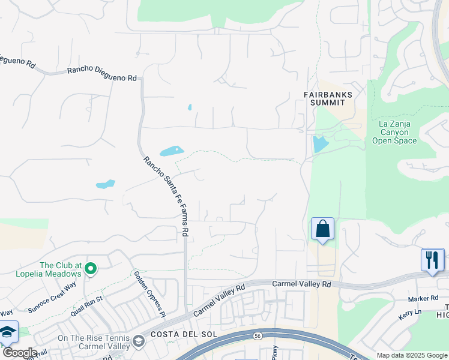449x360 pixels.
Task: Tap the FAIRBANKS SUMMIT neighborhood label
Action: point(327,98)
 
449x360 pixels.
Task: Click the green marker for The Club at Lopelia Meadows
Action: point(91,268)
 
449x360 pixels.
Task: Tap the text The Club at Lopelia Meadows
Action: point(60,269)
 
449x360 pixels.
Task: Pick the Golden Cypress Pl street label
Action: point(149,293)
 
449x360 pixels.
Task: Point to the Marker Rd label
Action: point(423,298)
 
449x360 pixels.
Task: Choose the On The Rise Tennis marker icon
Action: point(139,341)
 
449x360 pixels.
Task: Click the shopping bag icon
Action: point(322,229)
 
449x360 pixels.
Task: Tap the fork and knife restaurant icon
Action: point(432,260)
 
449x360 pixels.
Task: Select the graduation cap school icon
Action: point(7,332)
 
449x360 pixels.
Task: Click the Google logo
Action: point(20,353)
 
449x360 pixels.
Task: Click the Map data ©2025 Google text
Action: point(412,355)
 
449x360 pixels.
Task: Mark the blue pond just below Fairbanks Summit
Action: point(320,143)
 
